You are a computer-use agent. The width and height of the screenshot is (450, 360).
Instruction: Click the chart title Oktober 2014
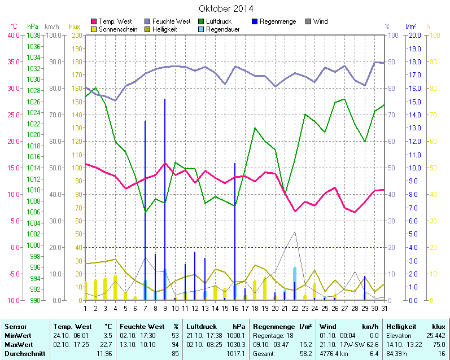(x=226, y=8)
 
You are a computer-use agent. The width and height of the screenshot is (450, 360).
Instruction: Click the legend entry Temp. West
(x=116, y=21)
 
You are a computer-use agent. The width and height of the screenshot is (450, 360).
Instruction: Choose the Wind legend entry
(x=320, y=21)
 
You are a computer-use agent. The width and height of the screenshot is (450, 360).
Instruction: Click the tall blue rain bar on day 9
(x=165, y=197)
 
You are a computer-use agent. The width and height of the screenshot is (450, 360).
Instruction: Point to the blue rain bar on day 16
(x=235, y=231)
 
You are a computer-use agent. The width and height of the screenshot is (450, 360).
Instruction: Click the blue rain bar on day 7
(x=145, y=209)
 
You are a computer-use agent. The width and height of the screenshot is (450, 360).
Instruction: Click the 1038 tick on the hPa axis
(x=33, y=35)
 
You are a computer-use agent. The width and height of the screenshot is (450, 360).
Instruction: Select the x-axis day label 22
(x=295, y=308)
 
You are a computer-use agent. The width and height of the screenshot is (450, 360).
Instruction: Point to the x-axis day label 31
(x=384, y=308)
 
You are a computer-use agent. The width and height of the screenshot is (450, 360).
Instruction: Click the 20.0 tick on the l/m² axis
(x=413, y=35)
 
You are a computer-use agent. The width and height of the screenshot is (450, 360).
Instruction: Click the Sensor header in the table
(x=15, y=327)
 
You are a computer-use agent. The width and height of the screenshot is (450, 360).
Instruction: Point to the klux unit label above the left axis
(x=74, y=26)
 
